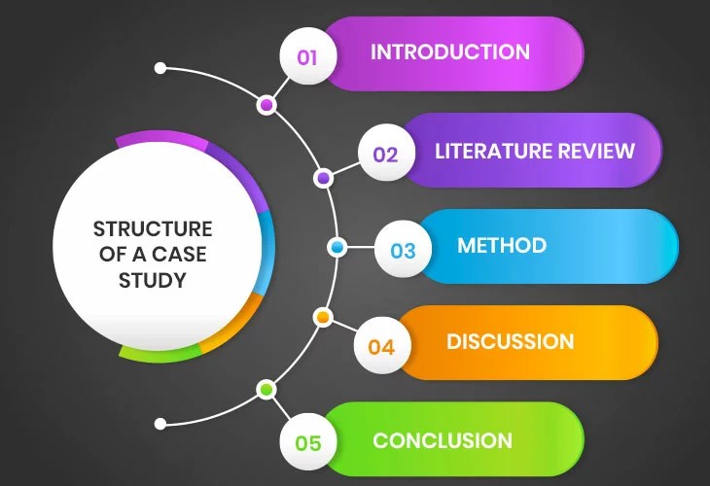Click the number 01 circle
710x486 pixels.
307,56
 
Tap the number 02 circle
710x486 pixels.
385,154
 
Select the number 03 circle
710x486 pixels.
403,250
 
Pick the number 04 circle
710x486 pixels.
381,346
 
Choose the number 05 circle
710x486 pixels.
307,442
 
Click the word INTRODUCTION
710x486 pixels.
449,52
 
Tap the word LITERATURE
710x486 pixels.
493,151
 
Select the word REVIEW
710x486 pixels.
596,151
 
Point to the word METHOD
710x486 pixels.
502,245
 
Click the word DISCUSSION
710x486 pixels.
510,341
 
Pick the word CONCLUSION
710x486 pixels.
443,440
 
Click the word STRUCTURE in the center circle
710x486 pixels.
153,229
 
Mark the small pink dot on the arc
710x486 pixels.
266,105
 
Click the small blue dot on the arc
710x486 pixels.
337,248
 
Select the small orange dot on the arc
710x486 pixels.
324,317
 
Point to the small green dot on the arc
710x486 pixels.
266,390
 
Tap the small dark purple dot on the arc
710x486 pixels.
324,178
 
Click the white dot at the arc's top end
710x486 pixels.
160,69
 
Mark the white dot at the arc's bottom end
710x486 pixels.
160,424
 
